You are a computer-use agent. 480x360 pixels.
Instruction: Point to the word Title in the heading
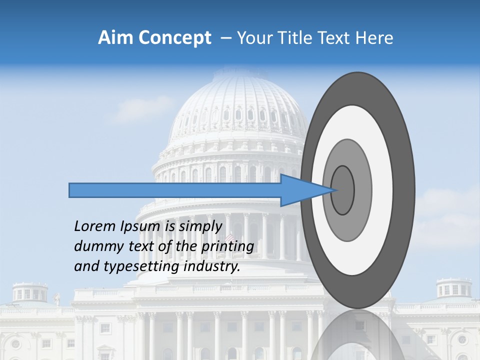301,38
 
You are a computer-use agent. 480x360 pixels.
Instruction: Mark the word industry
212,267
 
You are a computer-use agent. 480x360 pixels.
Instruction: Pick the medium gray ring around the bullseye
362,190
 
